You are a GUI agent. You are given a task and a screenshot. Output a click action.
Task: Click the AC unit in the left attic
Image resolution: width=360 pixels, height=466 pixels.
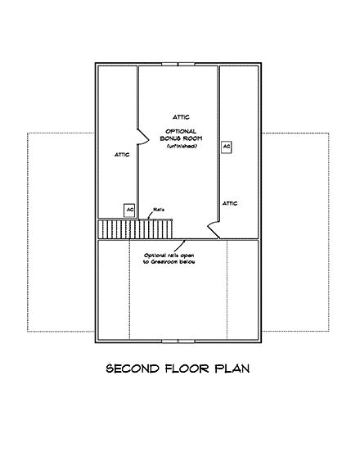point(128,210)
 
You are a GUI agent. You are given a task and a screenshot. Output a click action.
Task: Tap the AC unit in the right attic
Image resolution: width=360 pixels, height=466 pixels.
point(226,147)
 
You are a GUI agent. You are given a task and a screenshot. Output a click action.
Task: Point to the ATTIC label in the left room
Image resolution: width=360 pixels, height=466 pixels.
point(121,154)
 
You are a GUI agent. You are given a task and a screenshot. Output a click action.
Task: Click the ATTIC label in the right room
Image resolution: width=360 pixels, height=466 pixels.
point(230,202)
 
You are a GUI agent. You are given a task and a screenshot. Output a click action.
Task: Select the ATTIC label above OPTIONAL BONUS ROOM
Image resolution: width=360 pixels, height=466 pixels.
point(179,116)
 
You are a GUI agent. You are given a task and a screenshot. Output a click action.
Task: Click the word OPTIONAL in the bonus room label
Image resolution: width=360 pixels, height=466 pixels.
point(179,131)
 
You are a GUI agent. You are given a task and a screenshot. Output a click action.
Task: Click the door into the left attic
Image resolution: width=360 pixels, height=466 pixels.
point(141,133)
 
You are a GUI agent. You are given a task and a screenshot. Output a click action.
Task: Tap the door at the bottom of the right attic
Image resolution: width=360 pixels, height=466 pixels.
point(214,229)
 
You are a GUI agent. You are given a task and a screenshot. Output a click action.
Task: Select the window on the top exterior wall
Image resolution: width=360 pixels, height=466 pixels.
point(178,63)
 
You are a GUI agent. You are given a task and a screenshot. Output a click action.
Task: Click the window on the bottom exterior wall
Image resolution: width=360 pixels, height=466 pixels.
point(178,339)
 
